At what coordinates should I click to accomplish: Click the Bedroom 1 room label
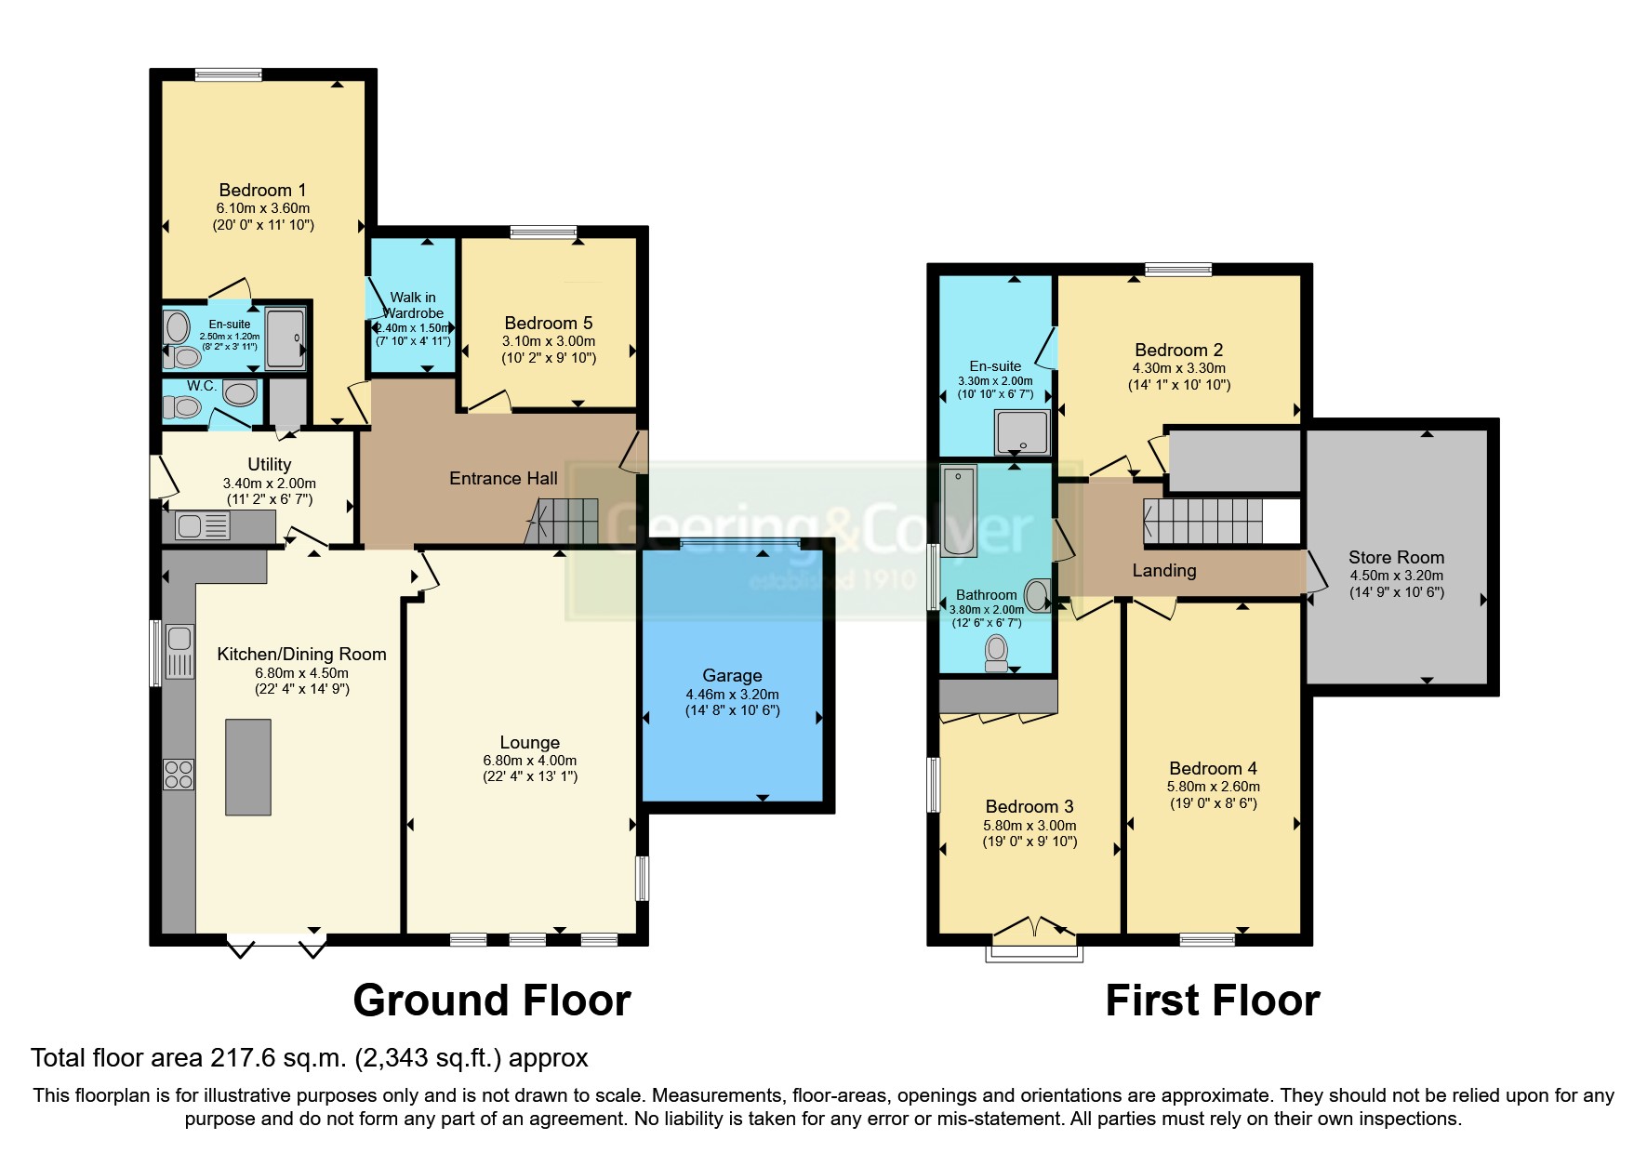click(262, 191)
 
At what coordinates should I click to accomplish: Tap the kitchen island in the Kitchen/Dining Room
click(248, 767)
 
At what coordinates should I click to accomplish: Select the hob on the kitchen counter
click(179, 775)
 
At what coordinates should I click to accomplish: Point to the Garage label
click(732, 676)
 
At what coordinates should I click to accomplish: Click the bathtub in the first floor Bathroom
click(959, 510)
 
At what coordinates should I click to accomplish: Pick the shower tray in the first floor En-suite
click(1022, 433)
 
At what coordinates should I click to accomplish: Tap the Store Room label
click(1396, 558)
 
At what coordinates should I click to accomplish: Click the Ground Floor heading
click(492, 1001)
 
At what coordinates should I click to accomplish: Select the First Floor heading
click(1213, 1001)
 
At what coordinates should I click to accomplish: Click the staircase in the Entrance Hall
click(562, 523)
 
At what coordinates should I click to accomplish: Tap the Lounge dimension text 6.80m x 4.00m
click(530, 761)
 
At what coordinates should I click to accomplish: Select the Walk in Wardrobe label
click(413, 305)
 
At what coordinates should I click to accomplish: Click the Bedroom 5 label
click(549, 324)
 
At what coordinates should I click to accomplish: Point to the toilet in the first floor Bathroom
click(997, 652)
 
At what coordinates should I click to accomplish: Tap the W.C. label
click(202, 386)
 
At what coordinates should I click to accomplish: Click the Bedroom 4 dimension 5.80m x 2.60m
click(1214, 787)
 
